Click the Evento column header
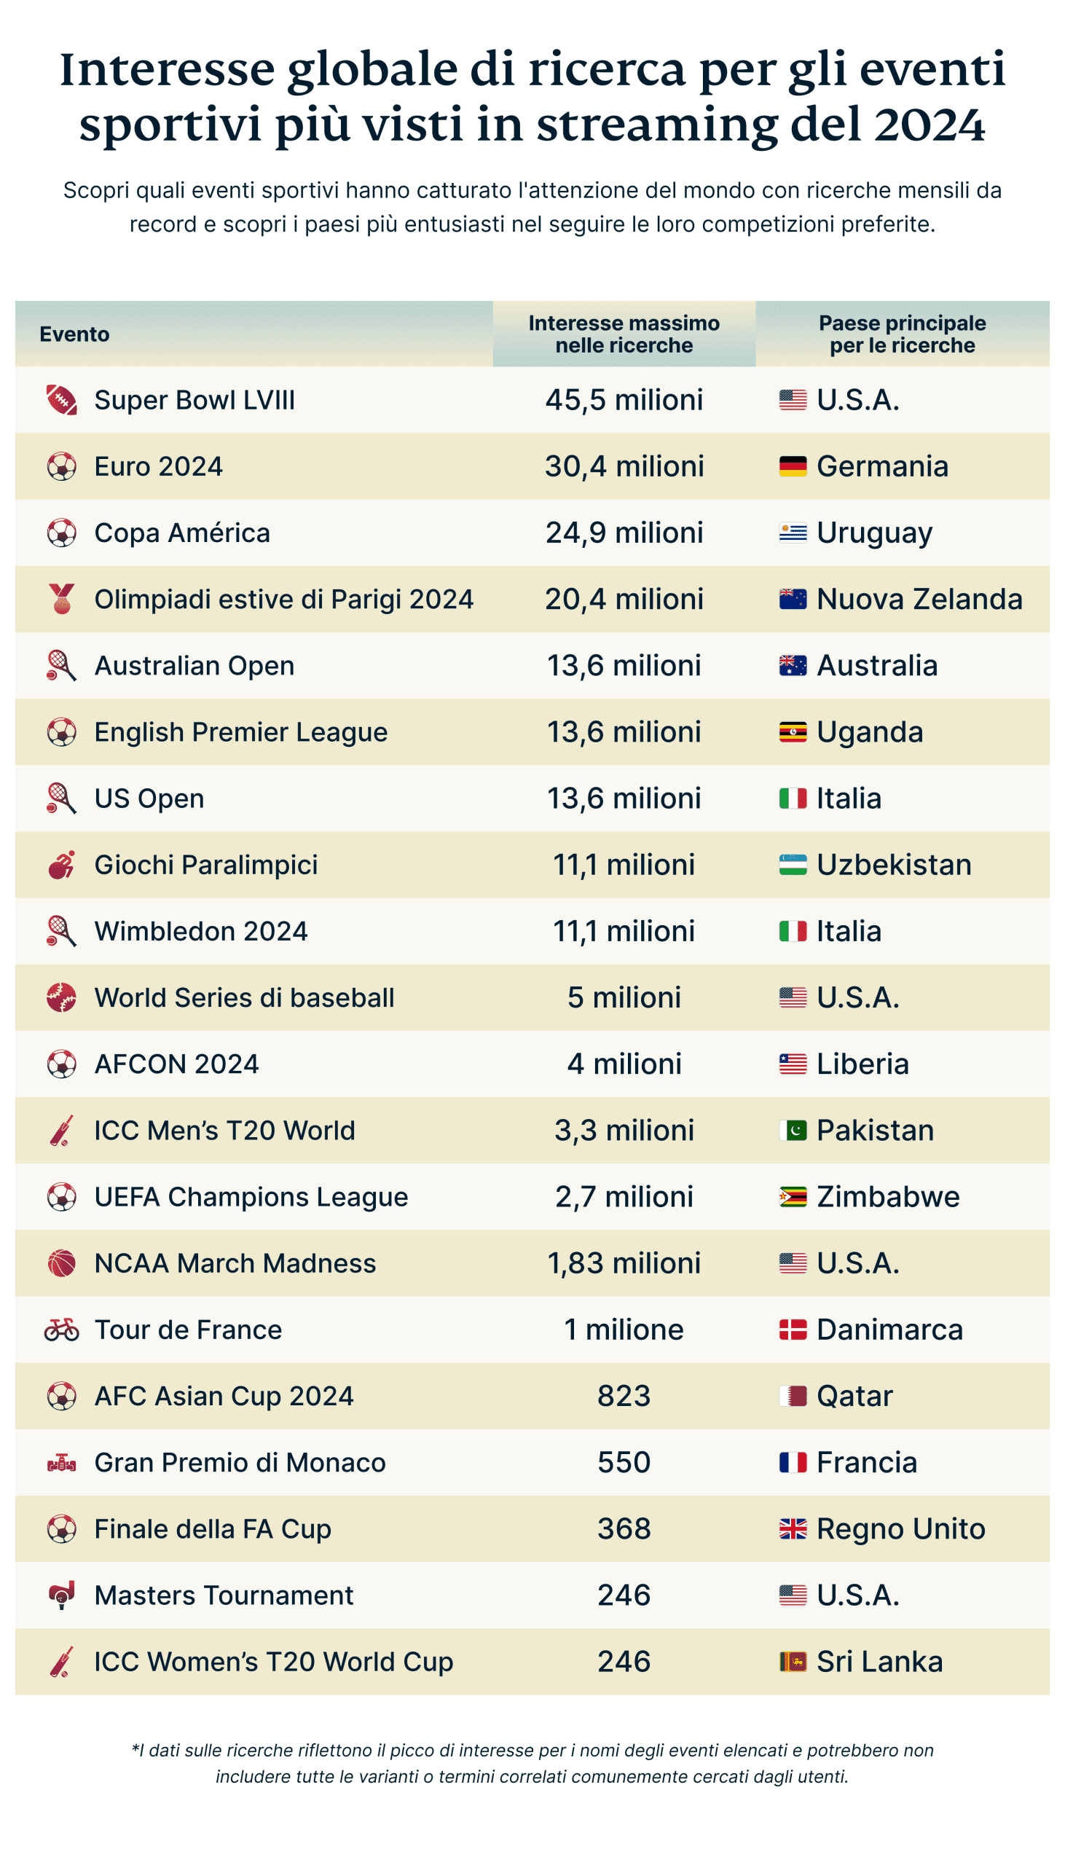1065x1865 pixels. coord(74,334)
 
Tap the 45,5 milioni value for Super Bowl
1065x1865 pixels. coord(624,400)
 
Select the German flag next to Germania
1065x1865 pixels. coord(792,466)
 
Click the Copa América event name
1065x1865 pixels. coord(182,533)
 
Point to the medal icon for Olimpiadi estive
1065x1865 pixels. coord(62,599)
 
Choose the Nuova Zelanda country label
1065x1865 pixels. coord(919,599)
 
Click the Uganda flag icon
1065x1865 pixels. coord(792,732)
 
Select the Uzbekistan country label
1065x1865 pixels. coord(893,865)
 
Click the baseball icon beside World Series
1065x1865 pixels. coord(61,997)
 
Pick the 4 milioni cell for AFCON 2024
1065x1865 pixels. coord(624,1064)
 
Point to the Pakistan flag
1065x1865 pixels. coord(792,1131)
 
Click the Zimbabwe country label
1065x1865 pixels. coord(887,1197)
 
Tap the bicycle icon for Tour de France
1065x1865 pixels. coord(61,1330)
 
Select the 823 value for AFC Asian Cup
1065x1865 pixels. coord(624,1396)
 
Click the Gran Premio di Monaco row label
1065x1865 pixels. coord(240,1463)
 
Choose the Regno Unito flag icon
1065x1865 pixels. coord(792,1529)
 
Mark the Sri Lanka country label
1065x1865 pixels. coord(879,1662)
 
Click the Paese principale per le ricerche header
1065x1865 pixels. coord(902,334)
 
